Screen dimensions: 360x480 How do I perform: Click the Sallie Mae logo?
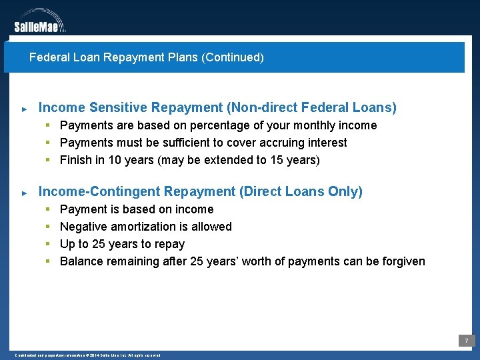coord(40,21)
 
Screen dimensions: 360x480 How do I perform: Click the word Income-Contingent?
coord(99,192)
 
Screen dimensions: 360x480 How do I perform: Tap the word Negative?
coord(83,227)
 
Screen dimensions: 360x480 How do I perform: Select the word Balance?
coord(81,261)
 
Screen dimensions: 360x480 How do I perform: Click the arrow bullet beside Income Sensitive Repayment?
coord(24,108)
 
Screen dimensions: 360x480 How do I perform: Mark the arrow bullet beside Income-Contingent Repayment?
coord(24,193)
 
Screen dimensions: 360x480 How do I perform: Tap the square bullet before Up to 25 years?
coord(48,244)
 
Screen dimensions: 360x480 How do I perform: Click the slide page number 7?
coord(467,341)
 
